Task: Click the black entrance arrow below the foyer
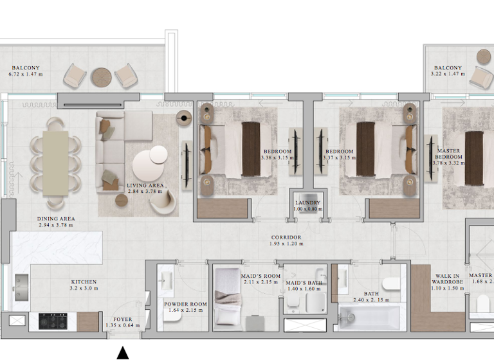coord(122,353)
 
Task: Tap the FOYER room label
coord(122,319)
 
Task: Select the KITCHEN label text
coord(84,282)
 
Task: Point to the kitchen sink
coord(21,282)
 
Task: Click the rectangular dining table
coord(55,163)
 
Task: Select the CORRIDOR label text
coord(286,237)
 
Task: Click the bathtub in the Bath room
coord(369,318)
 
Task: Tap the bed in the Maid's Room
coord(228,301)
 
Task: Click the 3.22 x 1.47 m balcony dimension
coord(448,75)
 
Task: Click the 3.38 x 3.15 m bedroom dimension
coord(277,157)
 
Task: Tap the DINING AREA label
coord(56,219)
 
